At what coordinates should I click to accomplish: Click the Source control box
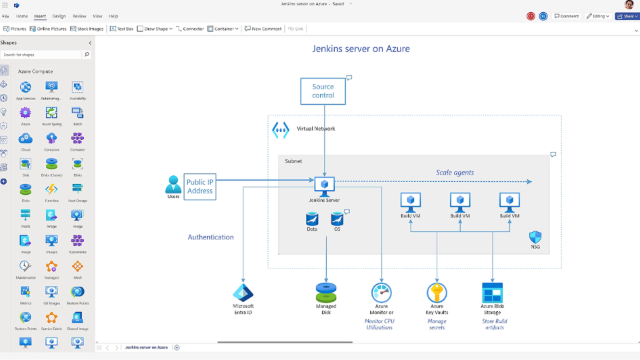click(x=323, y=91)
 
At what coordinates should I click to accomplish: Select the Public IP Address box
click(x=200, y=187)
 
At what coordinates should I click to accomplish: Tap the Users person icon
click(x=173, y=185)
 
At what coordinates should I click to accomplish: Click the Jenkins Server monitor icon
click(x=325, y=185)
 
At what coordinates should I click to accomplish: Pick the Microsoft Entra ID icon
click(x=243, y=293)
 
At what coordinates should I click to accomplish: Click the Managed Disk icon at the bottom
click(x=326, y=293)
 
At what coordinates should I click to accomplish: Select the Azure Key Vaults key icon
click(x=437, y=293)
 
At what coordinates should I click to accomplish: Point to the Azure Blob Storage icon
click(x=492, y=293)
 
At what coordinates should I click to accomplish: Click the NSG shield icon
click(x=535, y=237)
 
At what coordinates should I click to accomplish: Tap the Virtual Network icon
click(x=281, y=130)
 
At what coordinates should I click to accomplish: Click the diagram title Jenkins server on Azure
click(x=361, y=49)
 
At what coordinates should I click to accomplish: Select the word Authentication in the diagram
click(x=211, y=237)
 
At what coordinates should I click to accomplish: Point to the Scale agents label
click(x=455, y=173)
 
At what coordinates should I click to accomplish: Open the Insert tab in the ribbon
click(x=40, y=16)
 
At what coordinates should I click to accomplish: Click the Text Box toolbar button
click(x=122, y=29)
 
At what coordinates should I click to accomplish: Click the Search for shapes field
click(x=41, y=55)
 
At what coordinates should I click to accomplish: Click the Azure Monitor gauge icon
click(x=381, y=293)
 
